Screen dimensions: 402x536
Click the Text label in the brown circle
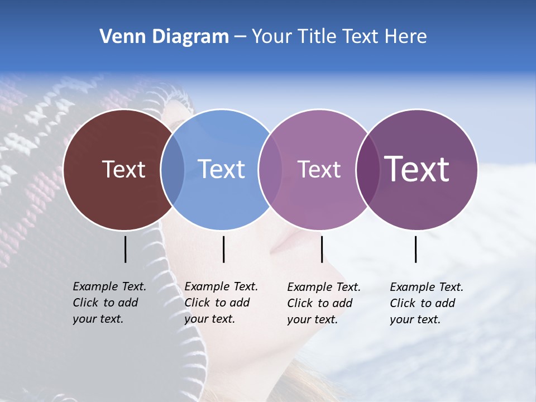coord(123,169)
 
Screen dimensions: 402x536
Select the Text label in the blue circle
coord(221,169)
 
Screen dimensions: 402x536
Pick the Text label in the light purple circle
coord(319,170)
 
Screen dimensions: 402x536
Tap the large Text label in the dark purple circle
coord(417,169)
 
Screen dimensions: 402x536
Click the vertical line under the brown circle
coord(125,249)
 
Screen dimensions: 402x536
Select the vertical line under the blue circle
coord(223,249)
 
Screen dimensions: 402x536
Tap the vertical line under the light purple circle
coord(322,249)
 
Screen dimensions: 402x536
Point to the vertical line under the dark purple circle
coord(415,249)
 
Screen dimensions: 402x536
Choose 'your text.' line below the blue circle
coord(210,319)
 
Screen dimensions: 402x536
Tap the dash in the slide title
coord(240,37)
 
